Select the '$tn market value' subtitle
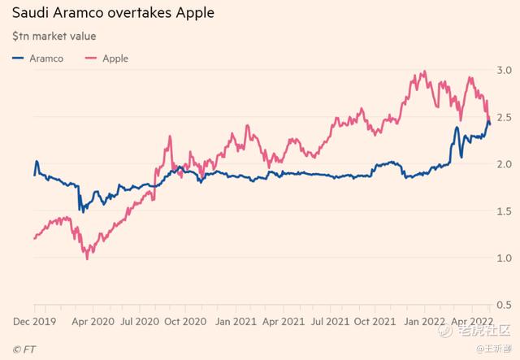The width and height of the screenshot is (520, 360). [54, 37]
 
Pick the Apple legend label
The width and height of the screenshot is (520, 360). [115, 59]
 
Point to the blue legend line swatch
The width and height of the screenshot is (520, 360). [19, 59]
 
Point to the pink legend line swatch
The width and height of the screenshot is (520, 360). [89, 59]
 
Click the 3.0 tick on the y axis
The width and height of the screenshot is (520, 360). [505, 70]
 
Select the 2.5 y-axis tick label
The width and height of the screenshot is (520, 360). [505, 117]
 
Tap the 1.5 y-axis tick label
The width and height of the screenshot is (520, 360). [505, 211]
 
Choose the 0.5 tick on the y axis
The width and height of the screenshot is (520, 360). [505, 305]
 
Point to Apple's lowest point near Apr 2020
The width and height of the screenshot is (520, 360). [87, 258]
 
